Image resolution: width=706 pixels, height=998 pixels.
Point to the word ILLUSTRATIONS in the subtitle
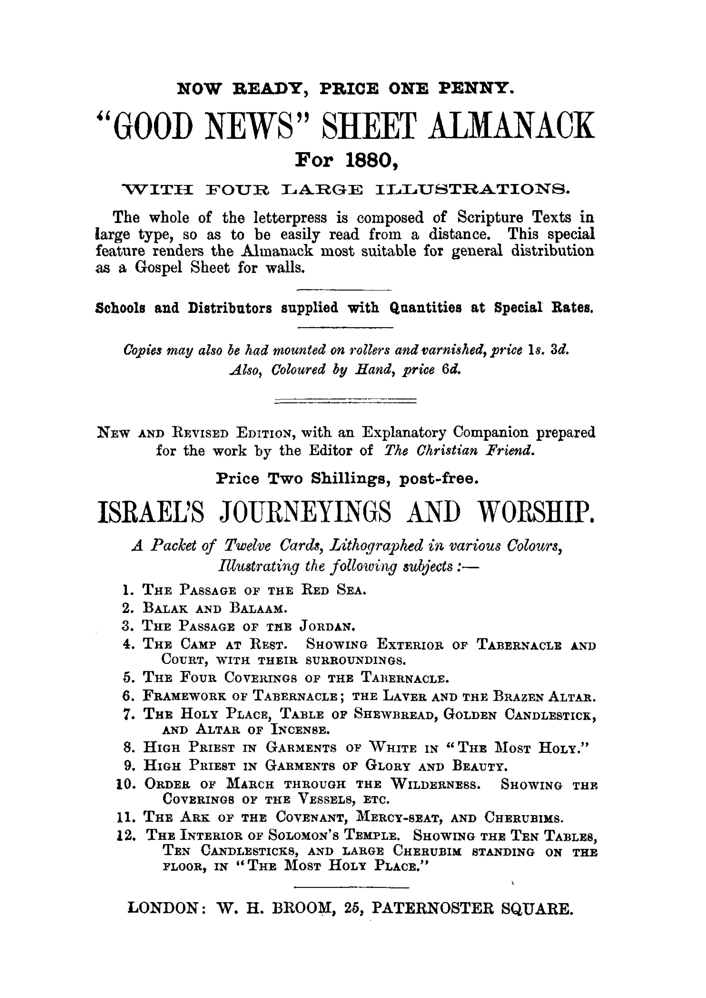tap(472, 190)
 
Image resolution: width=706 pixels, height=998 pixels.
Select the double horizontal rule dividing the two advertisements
tap(345, 401)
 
